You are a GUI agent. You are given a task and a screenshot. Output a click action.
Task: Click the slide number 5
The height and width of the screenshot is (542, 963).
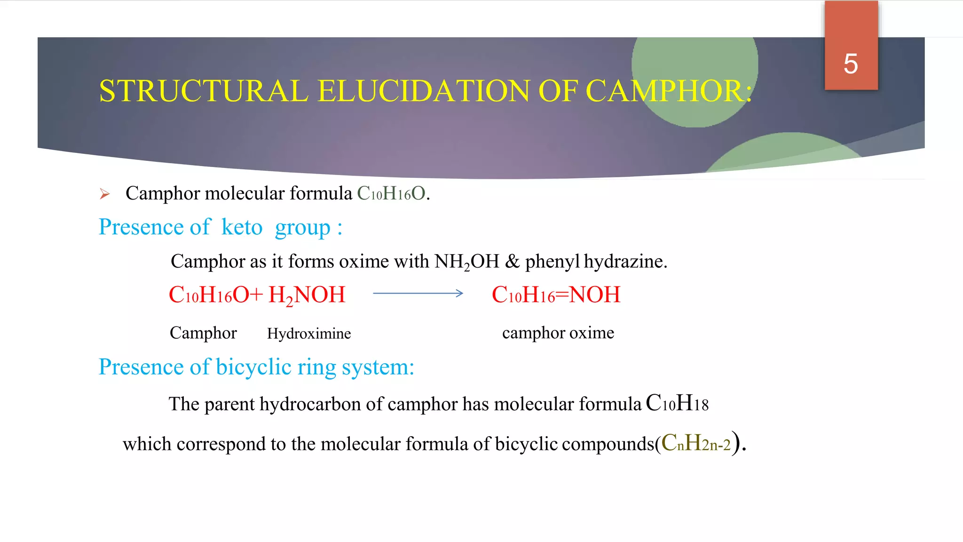click(851, 64)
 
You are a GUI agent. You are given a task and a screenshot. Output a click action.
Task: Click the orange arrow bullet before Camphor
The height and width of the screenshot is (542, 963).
click(104, 194)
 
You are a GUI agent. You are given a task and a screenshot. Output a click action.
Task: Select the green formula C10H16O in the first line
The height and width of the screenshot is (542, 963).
click(391, 193)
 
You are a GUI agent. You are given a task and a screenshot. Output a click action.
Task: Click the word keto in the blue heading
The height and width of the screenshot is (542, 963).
click(242, 227)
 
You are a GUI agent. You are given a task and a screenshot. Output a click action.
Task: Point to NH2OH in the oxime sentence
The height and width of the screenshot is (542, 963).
click(466, 262)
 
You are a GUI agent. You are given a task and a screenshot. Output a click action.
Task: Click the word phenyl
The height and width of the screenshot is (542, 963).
click(552, 262)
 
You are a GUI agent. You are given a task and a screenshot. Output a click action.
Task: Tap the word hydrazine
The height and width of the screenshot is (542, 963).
click(625, 262)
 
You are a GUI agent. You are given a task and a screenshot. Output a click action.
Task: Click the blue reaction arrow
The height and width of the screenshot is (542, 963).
click(418, 294)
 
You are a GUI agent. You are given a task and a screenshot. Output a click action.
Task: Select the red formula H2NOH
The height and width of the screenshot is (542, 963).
click(307, 295)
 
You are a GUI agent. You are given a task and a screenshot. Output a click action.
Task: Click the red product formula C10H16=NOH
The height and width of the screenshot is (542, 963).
click(556, 295)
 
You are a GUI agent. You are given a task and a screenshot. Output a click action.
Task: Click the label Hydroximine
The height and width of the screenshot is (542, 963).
click(309, 334)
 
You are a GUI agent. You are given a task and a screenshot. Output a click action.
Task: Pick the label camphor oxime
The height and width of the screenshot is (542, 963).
click(558, 333)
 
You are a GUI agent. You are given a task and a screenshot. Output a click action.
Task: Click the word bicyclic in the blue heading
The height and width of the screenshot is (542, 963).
click(254, 367)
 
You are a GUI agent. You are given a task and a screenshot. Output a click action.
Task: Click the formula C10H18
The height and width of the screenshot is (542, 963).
click(677, 403)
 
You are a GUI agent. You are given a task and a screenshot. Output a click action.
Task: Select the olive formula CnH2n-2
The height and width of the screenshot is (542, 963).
click(696, 443)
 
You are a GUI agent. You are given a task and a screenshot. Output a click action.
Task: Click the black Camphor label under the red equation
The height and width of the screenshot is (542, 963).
click(203, 333)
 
